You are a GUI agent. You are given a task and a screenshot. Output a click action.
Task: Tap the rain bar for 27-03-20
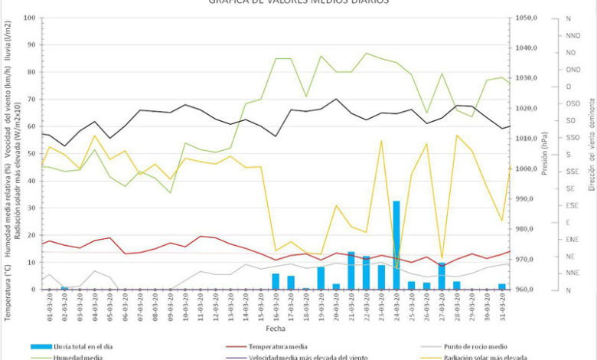point(442,276)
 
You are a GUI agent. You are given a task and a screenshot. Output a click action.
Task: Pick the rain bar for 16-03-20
point(276,281)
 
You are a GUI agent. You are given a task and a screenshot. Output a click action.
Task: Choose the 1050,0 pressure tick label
point(530,18)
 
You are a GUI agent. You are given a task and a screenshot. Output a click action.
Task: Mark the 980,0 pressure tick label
point(530,230)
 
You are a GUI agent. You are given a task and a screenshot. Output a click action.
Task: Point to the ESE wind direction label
point(572,205)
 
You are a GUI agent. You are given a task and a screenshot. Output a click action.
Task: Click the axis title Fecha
point(276,328)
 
